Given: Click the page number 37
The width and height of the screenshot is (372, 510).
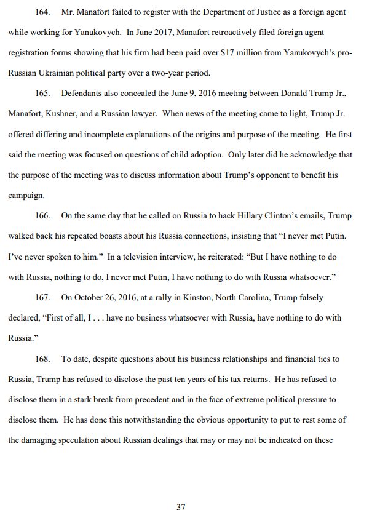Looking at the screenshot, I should coord(181,490).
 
